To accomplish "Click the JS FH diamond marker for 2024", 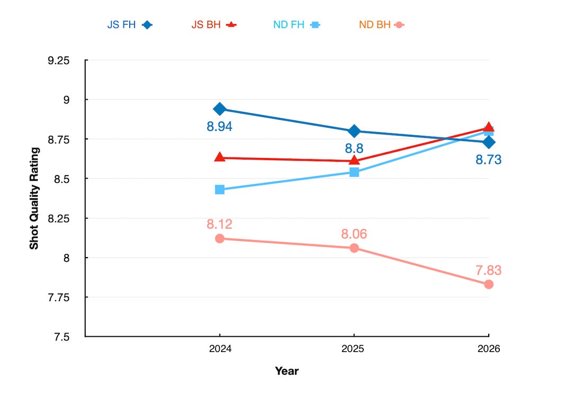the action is click(x=219, y=109).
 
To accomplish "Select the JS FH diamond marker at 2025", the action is click(x=354, y=131).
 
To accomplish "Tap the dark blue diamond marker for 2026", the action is click(x=489, y=143).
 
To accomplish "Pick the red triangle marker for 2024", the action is click(x=219, y=157).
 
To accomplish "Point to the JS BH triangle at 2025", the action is click(x=354, y=160).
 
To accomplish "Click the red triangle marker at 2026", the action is click(x=489, y=127).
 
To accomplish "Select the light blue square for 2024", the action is click(x=219, y=190).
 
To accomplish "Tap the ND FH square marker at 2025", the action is click(x=354, y=172).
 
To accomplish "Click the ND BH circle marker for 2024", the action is click(x=219, y=239).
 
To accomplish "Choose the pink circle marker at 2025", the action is click(x=354, y=248).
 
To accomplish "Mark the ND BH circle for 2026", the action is click(x=489, y=285).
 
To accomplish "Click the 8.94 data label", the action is click(x=219, y=127).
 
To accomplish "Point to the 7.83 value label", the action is click(x=489, y=270).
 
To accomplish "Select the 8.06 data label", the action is click(x=354, y=234).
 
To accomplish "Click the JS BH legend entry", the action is click(x=214, y=24).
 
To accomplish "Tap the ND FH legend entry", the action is click(x=297, y=24).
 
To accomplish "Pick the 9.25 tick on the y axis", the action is click(x=58, y=60).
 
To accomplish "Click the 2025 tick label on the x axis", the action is click(x=353, y=349).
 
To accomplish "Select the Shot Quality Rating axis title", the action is click(x=34, y=198).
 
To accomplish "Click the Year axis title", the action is click(x=287, y=371).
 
